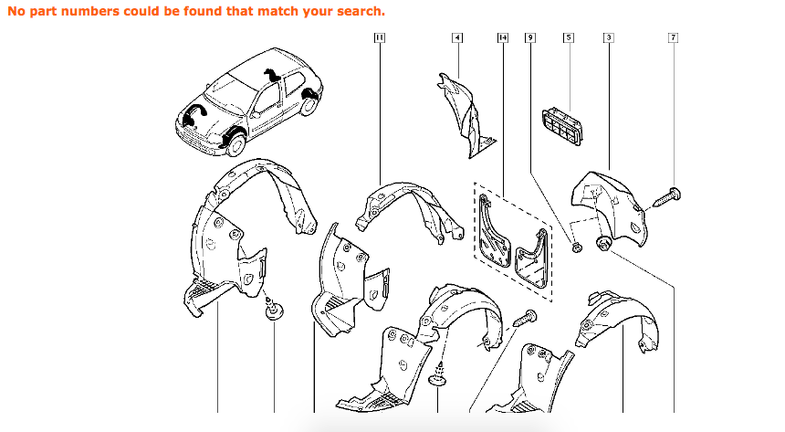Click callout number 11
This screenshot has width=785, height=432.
tap(379, 37)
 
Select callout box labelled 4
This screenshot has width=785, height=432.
tap(456, 37)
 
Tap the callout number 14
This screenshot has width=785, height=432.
tap(502, 37)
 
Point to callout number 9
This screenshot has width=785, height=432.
tap(530, 37)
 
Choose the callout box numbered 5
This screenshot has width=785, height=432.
tap(568, 37)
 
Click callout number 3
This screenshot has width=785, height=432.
tap(608, 37)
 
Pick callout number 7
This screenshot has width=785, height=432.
tap(673, 37)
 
